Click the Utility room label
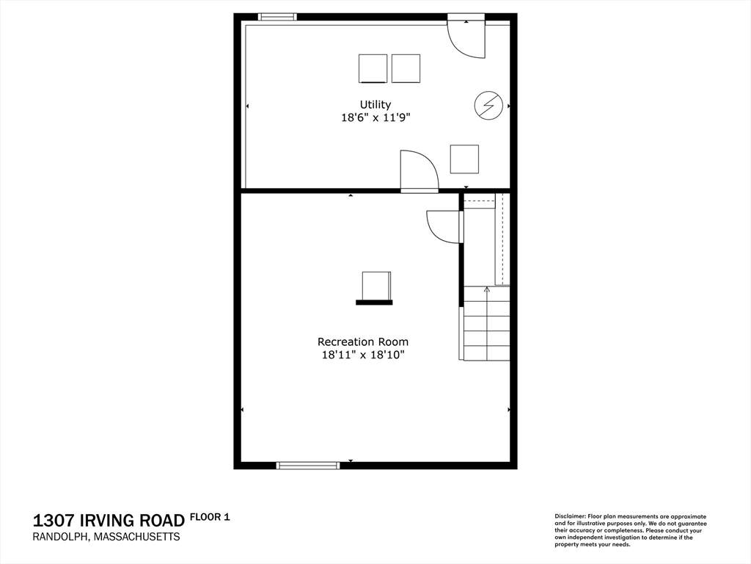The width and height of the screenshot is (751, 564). [x=375, y=104]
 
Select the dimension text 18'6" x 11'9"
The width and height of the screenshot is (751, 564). [x=375, y=117]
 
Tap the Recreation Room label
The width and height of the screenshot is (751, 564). [x=363, y=342]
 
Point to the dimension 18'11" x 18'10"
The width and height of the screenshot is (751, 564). [x=363, y=355]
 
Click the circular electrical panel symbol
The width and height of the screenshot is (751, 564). [x=488, y=105]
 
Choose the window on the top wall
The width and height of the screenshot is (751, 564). [x=277, y=17]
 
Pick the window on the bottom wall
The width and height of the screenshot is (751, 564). [x=308, y=465]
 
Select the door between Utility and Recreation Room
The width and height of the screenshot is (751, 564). [x=420, y=171]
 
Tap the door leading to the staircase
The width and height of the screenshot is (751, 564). [x=445, y=227]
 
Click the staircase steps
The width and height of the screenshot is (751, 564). [x=487, y=323]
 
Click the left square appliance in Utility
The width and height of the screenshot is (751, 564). [x=373, y=68]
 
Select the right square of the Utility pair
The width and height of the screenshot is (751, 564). [x=406, y=68]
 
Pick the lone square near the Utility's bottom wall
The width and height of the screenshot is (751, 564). [x=464, y=159]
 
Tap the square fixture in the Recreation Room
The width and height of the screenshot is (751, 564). [x=376, y=286]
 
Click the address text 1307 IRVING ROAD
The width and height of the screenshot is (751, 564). [x=109, y=521]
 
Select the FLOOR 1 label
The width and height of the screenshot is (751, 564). [x=210, y=517]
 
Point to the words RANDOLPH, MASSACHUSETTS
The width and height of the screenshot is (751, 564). [x=106, y=537]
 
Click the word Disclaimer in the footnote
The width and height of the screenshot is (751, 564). [x=571, y=516]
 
